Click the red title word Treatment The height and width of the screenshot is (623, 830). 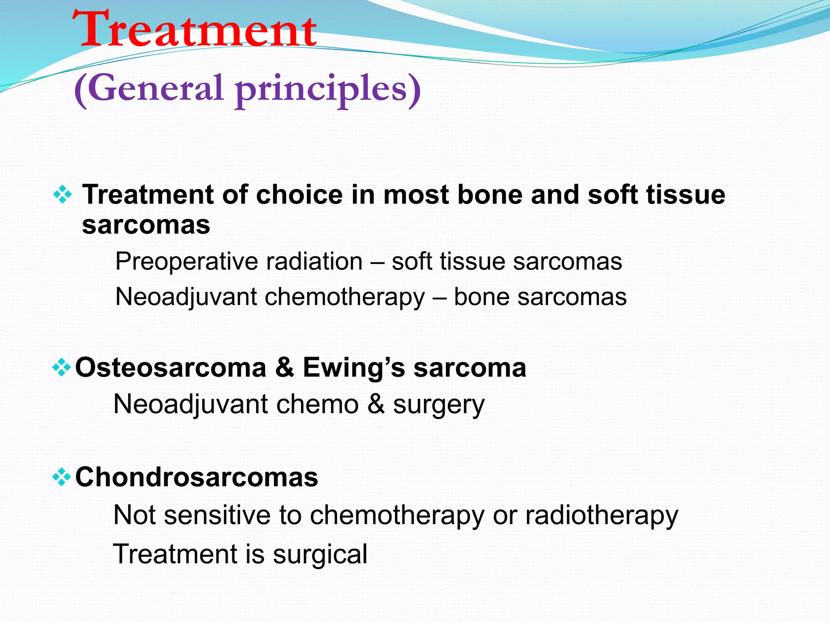point(195,30)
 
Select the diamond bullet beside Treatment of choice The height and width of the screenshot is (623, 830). point(62,195)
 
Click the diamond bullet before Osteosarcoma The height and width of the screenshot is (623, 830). point(62,368)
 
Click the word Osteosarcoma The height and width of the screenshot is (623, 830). point(171,367)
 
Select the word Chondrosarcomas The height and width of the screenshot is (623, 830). point(197,477)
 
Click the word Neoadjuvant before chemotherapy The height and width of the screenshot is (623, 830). point(186,297)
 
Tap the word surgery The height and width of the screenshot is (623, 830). point(439,405)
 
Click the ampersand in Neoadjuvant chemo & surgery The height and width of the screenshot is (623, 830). point(376,404)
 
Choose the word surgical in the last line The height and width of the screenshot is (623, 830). point(320,554)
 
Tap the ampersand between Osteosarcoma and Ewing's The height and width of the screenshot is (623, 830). point(285,367)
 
